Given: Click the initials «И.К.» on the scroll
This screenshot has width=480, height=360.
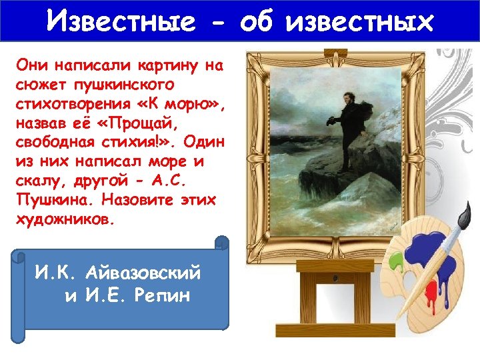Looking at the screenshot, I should point(59,273).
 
